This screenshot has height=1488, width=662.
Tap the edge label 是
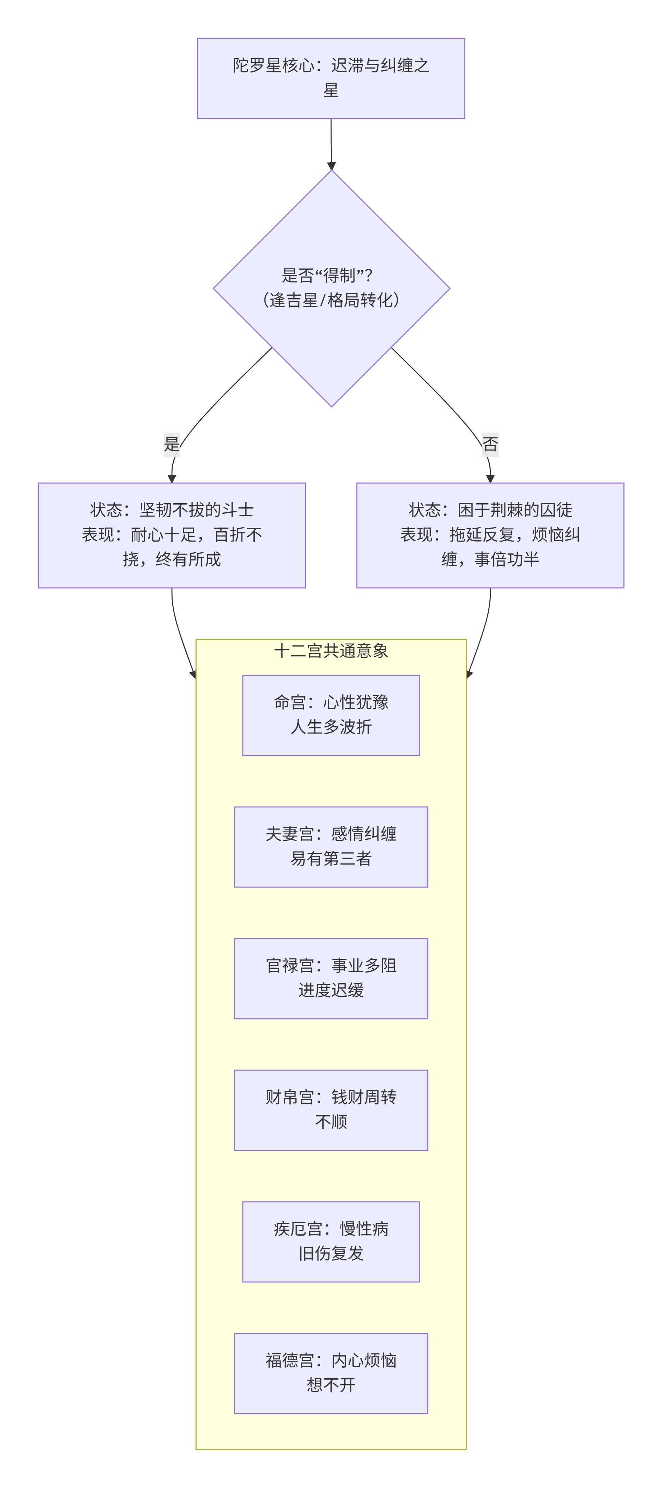pos(172,444)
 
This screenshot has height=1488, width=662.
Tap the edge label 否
pos(490,444)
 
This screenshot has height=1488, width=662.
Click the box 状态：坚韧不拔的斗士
pos(172,535)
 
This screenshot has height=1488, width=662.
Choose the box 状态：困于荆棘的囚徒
pos(490,535)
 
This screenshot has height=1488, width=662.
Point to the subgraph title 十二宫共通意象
pos(331,651)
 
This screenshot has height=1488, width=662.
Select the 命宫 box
pos(331,715)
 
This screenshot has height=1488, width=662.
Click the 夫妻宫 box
pos(331,847)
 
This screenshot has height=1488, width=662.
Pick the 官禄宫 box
pos(331,979)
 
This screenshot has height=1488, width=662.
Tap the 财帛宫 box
pos(331,1110)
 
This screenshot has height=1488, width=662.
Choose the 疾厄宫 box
pos(331,1242)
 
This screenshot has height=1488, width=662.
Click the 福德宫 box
pos(331,1374)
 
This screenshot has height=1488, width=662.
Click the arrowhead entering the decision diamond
pos(331,166)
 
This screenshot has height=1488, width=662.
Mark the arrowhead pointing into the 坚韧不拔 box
pos(172,478)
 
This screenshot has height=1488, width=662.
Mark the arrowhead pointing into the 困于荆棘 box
pos(490,478)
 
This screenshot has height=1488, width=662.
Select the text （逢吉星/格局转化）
pos(331,300)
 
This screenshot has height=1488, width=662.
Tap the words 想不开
pos(331,1385)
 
